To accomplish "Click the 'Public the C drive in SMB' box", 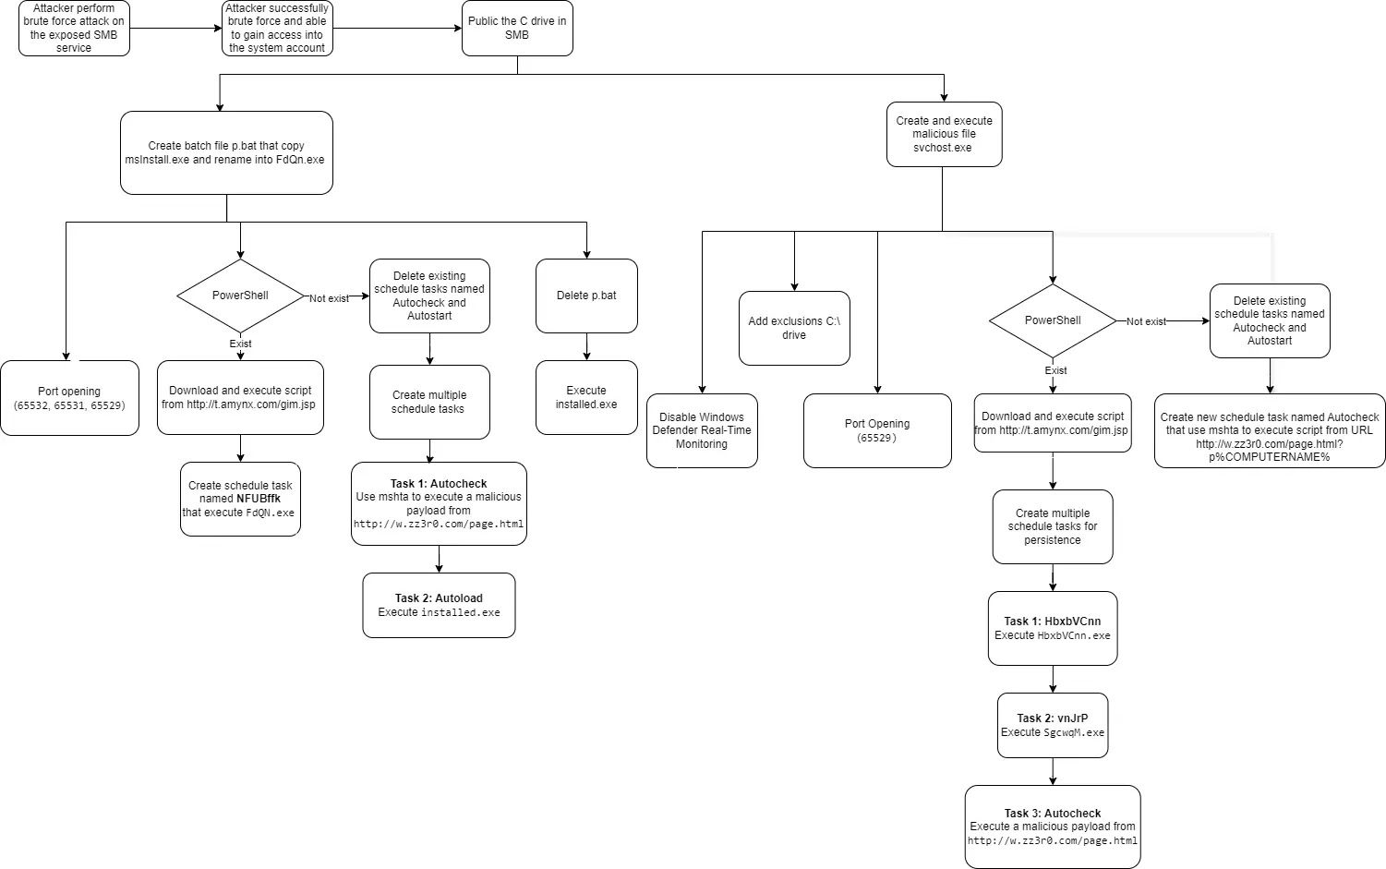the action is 517,29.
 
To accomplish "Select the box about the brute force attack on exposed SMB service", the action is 74,29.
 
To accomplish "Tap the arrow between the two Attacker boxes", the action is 175,28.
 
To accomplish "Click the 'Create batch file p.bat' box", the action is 226,153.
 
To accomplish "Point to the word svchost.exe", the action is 943,148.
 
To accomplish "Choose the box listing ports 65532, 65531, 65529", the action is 69,398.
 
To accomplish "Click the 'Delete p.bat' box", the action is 586,296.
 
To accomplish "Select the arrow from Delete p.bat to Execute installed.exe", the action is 586,346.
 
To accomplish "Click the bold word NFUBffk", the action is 258,499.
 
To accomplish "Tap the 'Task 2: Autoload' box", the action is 439,605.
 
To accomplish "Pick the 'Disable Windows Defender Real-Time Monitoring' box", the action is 702,430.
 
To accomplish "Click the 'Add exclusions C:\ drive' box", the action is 794,328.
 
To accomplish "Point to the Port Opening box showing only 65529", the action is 877,430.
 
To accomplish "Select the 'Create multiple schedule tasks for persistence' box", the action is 1053,526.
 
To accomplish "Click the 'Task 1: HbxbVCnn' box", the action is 1053,628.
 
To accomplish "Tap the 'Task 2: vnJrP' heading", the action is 1053,718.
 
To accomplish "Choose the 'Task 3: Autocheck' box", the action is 1053,827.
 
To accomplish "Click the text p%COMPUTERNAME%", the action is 1269,457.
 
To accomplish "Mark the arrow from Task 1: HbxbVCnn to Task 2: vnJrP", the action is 1053,679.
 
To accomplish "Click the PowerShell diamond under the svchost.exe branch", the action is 1053,320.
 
